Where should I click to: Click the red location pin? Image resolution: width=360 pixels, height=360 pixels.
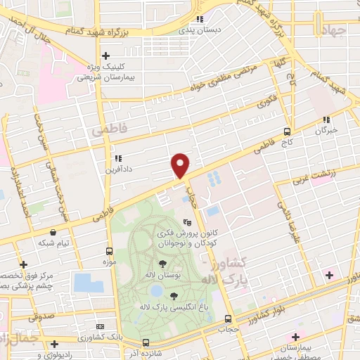coord(181,165)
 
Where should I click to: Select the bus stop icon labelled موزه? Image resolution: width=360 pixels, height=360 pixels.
coord(109,251)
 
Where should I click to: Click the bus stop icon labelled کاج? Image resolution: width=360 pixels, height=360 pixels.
coord(287,131)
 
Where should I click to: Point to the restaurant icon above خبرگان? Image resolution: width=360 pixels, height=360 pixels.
coord(325,120)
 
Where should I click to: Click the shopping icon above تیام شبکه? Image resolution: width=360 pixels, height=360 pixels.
coord(53,231)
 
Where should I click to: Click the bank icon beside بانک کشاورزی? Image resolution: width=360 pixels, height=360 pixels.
coord(99,327)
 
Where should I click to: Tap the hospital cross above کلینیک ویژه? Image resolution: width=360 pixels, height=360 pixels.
coord(105,56)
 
